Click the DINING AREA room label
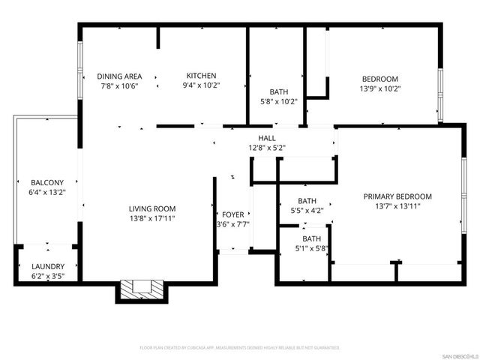point(119,76)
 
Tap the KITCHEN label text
point(201,76)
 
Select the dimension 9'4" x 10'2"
point(201,85)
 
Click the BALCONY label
point(46,182)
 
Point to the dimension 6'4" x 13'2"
point(46,192)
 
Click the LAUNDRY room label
point(47,266)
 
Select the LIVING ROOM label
point(152,208)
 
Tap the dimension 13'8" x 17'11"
point(152,218)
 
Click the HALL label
point(266,138)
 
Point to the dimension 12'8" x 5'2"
point(266,148)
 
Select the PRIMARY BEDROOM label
point(397,196)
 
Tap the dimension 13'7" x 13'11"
point(397,206)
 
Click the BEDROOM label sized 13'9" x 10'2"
point(380,79)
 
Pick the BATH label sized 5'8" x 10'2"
point(278,92)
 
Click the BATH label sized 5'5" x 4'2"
point(307,201)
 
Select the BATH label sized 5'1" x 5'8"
point(311,238)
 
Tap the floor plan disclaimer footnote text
point(240,348)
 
